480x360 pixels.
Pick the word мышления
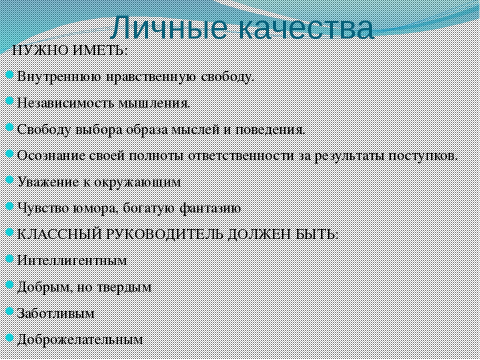(154, 103)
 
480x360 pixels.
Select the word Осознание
(51, 155)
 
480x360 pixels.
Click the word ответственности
(241, 156)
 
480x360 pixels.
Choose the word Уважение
(48, 182)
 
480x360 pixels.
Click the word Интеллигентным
(72, 261)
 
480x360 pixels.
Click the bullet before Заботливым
(10, 311)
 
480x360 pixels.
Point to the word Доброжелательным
(80, 340)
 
